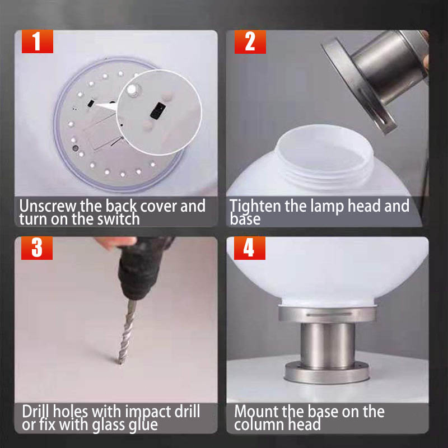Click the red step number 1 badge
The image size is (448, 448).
point(38,41)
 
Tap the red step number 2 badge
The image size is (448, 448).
point(250,41)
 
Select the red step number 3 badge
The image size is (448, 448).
point(37,248)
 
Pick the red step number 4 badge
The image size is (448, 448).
point(249,248)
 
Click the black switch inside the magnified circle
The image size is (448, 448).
point(158,110)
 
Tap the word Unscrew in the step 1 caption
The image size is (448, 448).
point(48,206)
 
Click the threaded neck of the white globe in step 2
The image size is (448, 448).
point(325,171)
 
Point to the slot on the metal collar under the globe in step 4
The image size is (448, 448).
point(328,314)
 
